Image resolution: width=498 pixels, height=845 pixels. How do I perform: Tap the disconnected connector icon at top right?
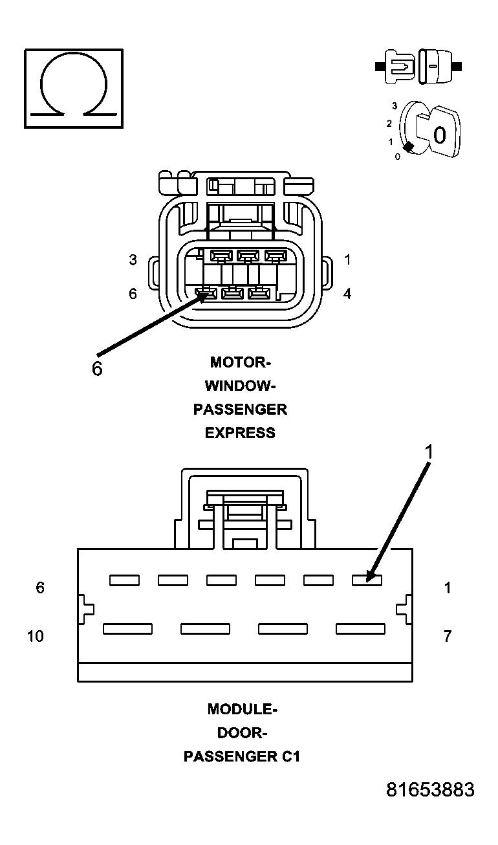tap(418, 67)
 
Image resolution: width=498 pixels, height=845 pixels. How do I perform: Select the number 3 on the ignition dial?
tap(394, 105)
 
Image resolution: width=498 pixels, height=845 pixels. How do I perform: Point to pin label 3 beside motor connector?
tap(133, 260)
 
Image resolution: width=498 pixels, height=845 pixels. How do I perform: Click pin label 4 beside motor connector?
tap(347, 294)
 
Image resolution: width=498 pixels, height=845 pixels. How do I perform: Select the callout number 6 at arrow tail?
tap(96, 369)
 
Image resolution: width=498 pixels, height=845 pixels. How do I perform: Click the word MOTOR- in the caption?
tap(240, 362)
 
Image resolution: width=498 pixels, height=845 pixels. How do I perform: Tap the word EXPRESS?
tap(240, 433)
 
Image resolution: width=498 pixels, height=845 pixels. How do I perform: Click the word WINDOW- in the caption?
tap(240, 386)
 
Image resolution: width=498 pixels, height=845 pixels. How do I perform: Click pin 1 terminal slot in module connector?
tap(367, 580)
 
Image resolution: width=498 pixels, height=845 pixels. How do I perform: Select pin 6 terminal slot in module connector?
tap(124, 580)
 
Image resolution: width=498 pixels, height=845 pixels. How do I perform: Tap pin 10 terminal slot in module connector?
tap(127, 628)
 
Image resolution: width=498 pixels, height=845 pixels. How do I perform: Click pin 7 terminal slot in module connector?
tap(360, 628)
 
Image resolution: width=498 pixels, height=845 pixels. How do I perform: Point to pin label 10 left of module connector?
tap(36, 636)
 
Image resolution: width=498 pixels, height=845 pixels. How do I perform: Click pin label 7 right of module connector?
tap(447, 636)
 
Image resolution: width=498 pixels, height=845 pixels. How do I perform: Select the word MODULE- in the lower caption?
tap(242, 708)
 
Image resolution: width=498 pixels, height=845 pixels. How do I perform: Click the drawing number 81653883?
tap(430, 790)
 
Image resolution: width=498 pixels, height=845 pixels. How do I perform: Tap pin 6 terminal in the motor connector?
tap(206, 294)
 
